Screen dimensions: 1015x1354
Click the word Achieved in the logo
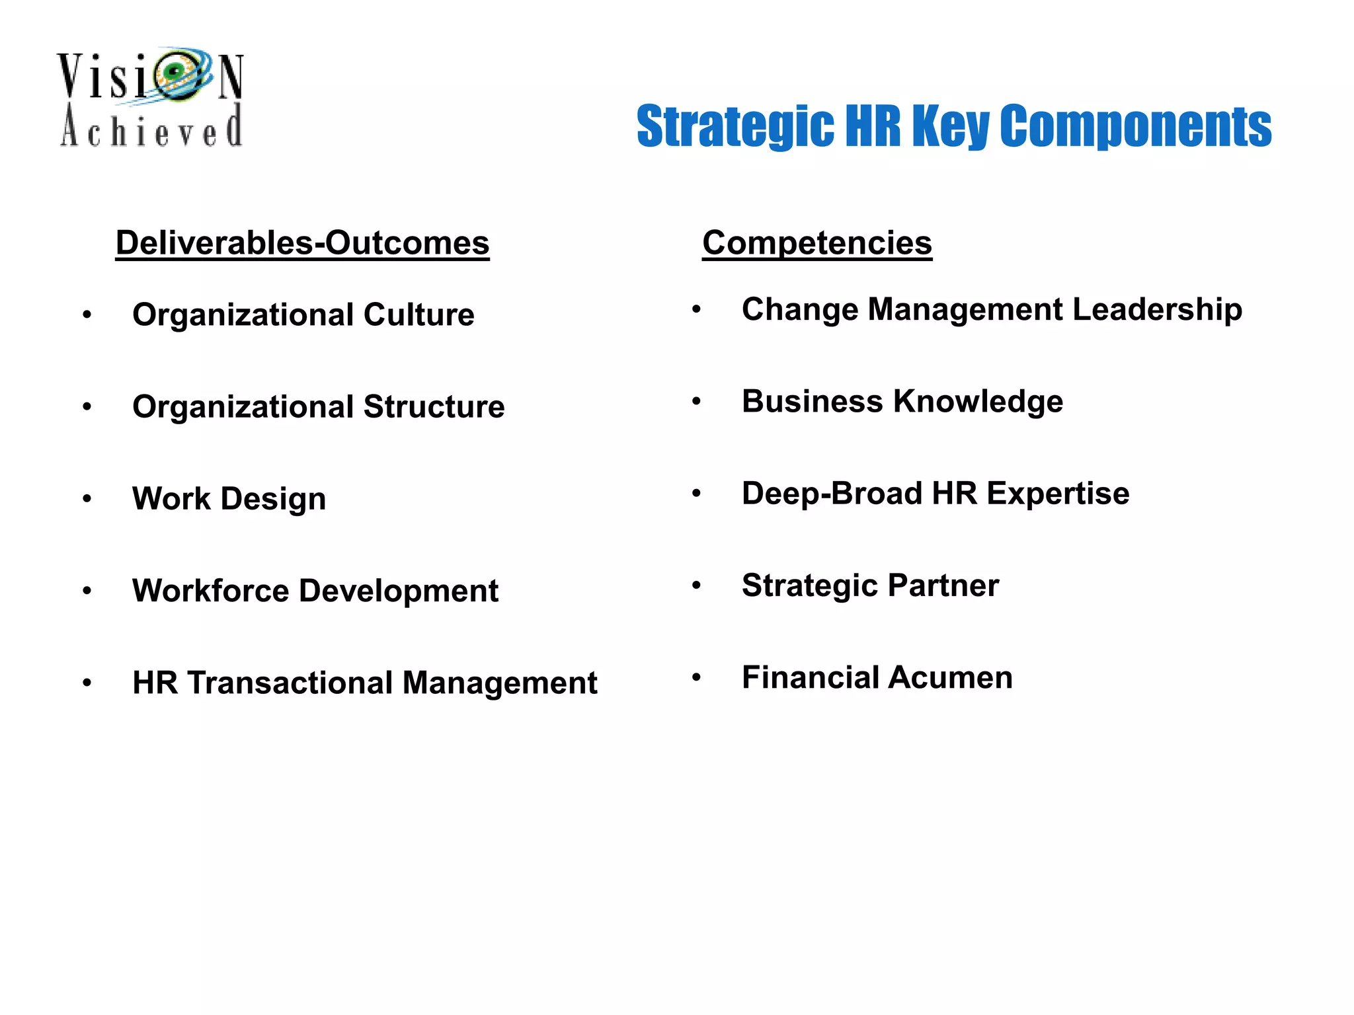click(151, 128)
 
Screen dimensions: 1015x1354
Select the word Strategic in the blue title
click(735, 126)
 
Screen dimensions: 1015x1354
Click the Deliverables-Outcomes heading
click(302, 243)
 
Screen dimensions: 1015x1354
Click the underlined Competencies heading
click(816, 243)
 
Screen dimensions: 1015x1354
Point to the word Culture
click(418, 315)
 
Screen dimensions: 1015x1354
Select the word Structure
click(434, 406)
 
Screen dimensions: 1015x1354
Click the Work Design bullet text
click(229, 498)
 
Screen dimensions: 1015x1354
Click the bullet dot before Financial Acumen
click(696, 677)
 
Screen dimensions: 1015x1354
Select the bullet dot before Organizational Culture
click(87, 315)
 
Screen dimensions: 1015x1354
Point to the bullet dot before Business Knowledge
click(696, 401)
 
